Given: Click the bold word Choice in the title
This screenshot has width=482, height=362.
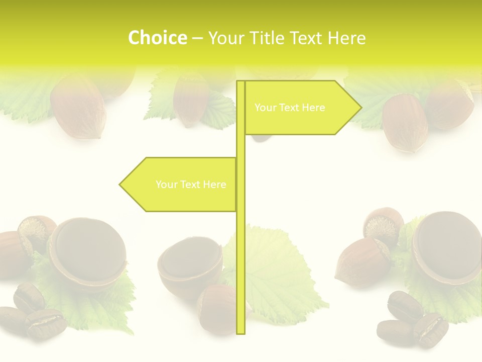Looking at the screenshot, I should click(157, 38).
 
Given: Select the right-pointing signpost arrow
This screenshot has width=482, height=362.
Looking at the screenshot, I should click(301, 108).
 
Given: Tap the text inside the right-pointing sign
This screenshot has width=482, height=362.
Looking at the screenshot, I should click(290, 108).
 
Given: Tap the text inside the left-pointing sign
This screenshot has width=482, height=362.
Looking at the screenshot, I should click(191, 185).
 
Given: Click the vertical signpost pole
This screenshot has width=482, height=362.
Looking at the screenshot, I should click(240, 251).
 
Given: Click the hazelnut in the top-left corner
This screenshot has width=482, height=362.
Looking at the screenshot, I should click(78, 106).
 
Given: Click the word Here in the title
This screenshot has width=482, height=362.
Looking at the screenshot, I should click(347, 38).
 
